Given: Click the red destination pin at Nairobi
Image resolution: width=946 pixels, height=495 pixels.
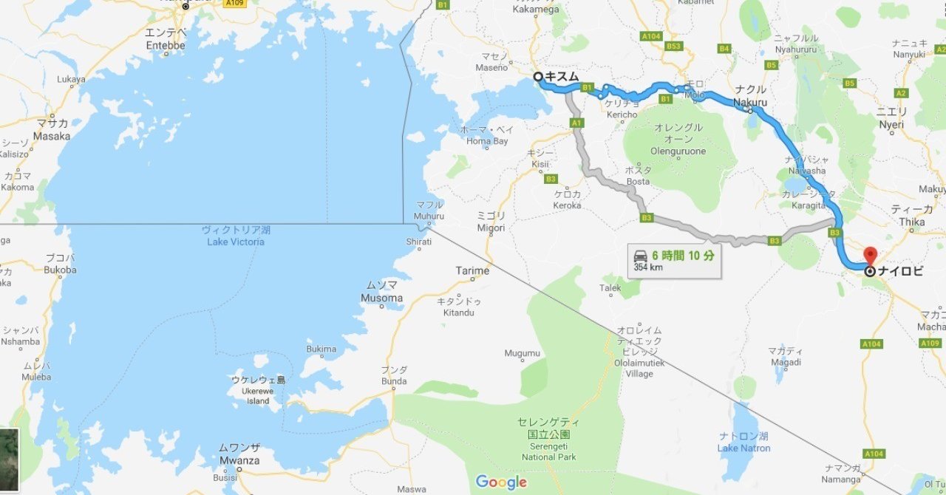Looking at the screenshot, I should click(x=870, y=256).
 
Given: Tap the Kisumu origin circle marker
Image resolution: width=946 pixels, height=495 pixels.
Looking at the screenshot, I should click(x=538, y=76).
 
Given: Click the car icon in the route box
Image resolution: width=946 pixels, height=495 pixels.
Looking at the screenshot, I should click(x=640, y=256).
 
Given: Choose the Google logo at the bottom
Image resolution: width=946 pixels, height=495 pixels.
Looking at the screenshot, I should click(x=501, y=482).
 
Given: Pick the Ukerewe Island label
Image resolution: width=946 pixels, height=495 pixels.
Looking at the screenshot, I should click(x=258, y=390).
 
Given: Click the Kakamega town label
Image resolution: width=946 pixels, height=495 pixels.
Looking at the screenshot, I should click(x=536, y=10).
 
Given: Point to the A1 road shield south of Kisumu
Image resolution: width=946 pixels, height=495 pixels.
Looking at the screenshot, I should click(x=577, y=123).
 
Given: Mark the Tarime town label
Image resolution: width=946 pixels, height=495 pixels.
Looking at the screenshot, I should click(x=472, y=271).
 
